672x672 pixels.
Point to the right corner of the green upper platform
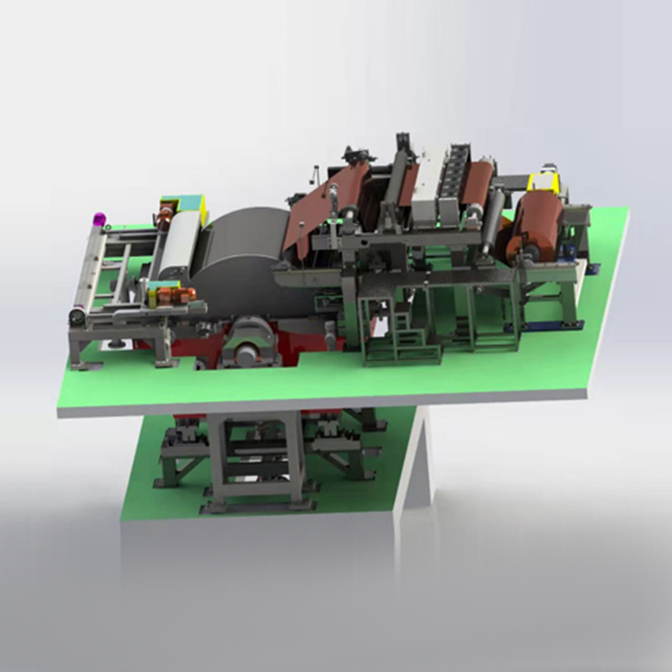point(626,214)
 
